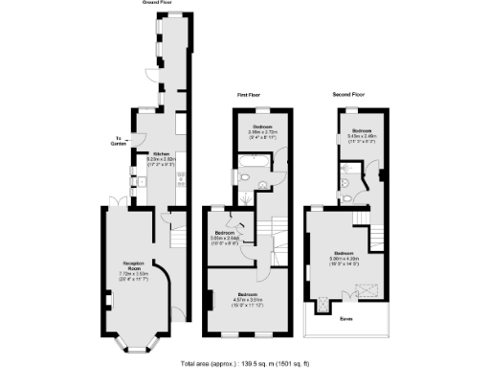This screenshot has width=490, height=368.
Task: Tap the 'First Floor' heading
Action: click(250, 96)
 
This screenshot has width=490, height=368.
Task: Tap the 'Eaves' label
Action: click(344, 320)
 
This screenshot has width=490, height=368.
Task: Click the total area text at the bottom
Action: click(245, 362)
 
